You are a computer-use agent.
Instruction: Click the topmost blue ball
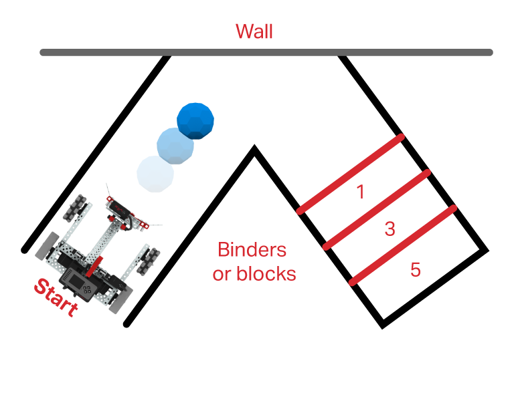[x=193, y=120]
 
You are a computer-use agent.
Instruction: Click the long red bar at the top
[x=365, y=33]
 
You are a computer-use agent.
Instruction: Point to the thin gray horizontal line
[x=268, y=52]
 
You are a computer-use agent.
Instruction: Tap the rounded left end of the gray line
[x=43, y=53]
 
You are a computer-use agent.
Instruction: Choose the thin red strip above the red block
[x=261, y=249]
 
